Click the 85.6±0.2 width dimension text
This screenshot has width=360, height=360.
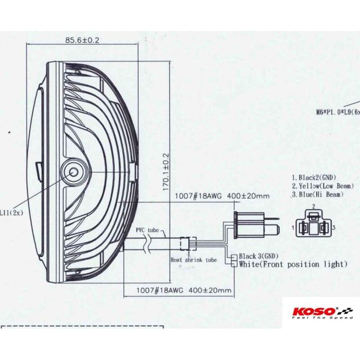pos(82,40)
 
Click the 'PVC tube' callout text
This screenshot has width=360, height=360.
pos(147,229)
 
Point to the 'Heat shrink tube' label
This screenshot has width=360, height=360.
pos(194,260)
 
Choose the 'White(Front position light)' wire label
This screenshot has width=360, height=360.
pos(293,264)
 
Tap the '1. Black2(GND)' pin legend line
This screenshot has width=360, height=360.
pos(314,177)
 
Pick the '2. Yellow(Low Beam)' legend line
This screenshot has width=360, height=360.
pos(320,186)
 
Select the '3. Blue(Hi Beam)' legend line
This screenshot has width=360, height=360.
pos(318,194)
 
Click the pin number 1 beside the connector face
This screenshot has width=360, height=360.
pos(293,228)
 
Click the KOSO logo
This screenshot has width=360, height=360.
pos(314,311)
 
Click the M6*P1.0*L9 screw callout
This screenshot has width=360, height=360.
pos(338,112)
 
